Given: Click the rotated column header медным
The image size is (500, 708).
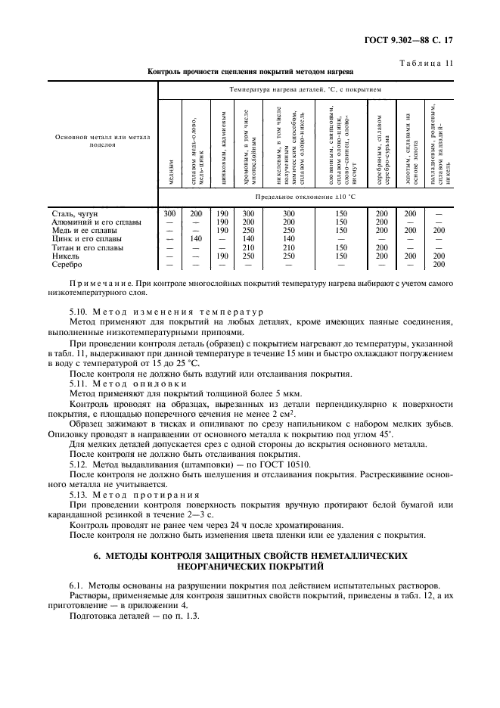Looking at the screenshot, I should coord(172,172).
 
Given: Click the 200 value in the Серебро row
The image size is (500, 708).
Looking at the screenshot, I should coord(439,264).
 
